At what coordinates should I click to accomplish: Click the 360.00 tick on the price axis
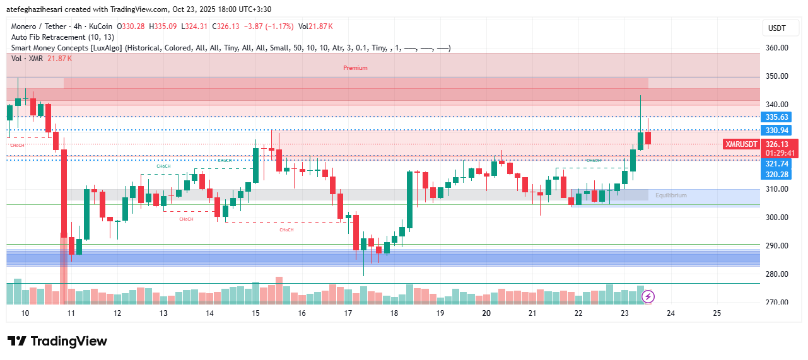[x=776, y=48]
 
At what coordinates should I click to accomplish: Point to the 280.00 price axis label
[x=776, y=274]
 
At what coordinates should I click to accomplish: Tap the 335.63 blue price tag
[x=776, y=117]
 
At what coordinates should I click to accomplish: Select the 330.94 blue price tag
[x=776, y=131]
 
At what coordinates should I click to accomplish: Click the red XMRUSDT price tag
[x=741, y=144]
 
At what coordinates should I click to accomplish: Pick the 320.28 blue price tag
[x=776, y=174]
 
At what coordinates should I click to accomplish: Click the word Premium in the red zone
[x=355, y=68]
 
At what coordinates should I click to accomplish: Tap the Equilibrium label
[x=670, y=195]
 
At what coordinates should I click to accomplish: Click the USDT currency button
[x=776, y=28]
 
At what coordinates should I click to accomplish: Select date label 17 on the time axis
[x=348, y=313]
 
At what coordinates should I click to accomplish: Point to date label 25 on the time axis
[x=717, y=313]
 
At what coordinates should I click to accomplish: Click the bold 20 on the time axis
[x=486, y=313]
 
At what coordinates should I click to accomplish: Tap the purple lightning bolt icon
[x=648, y=296]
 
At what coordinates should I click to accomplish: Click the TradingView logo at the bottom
[x=57, y=341]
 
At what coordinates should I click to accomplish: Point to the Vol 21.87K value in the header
[x=315, y=26]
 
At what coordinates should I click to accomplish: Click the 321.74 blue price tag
[x=776, y=164]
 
